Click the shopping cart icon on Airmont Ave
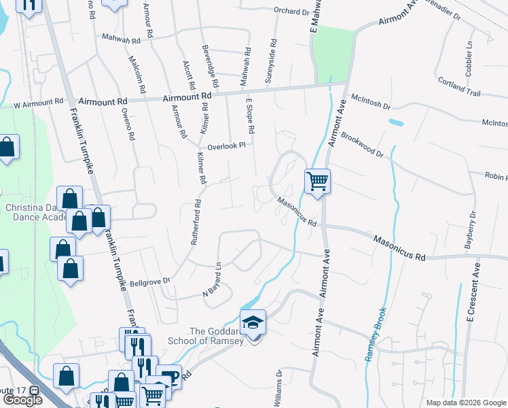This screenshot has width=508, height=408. click(317, 181)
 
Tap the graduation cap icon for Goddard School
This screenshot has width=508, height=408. click(253, 322)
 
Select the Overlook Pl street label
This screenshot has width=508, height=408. click(226, 145)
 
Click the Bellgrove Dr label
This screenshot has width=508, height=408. click(149, 281)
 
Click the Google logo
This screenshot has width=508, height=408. click(22, 400)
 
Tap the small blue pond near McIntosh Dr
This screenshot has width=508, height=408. click(394, 123)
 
